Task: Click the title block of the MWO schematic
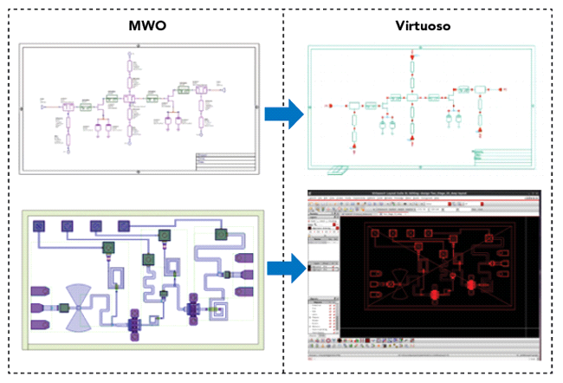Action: pyautogui.click(x=224, y=162)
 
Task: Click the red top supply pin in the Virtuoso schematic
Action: pyautogui.click(x=412, y=57)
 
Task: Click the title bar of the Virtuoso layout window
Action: pyautogui.click(x=424, y=190)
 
